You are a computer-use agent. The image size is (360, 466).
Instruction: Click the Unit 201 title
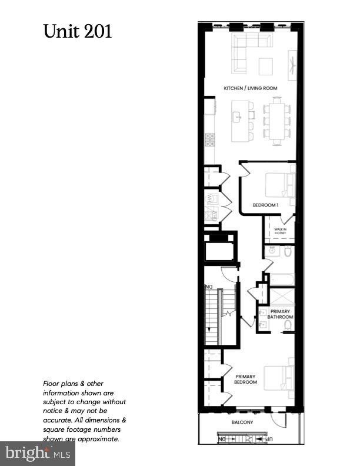78,31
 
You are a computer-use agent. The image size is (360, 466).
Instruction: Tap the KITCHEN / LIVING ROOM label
250,88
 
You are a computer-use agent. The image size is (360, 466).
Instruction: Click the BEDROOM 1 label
265,205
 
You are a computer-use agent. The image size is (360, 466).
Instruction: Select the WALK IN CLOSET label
279,231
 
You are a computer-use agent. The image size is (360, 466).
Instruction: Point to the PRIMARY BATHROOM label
279,314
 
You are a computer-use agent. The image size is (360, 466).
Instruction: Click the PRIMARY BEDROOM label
246,379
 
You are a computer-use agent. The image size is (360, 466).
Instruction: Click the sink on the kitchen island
238,117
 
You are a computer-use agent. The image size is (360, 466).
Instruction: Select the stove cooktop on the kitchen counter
209,139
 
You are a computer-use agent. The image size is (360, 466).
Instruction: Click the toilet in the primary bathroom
288,325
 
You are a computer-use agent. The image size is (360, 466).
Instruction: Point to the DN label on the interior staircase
208,287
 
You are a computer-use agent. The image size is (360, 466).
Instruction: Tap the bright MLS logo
38,454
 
